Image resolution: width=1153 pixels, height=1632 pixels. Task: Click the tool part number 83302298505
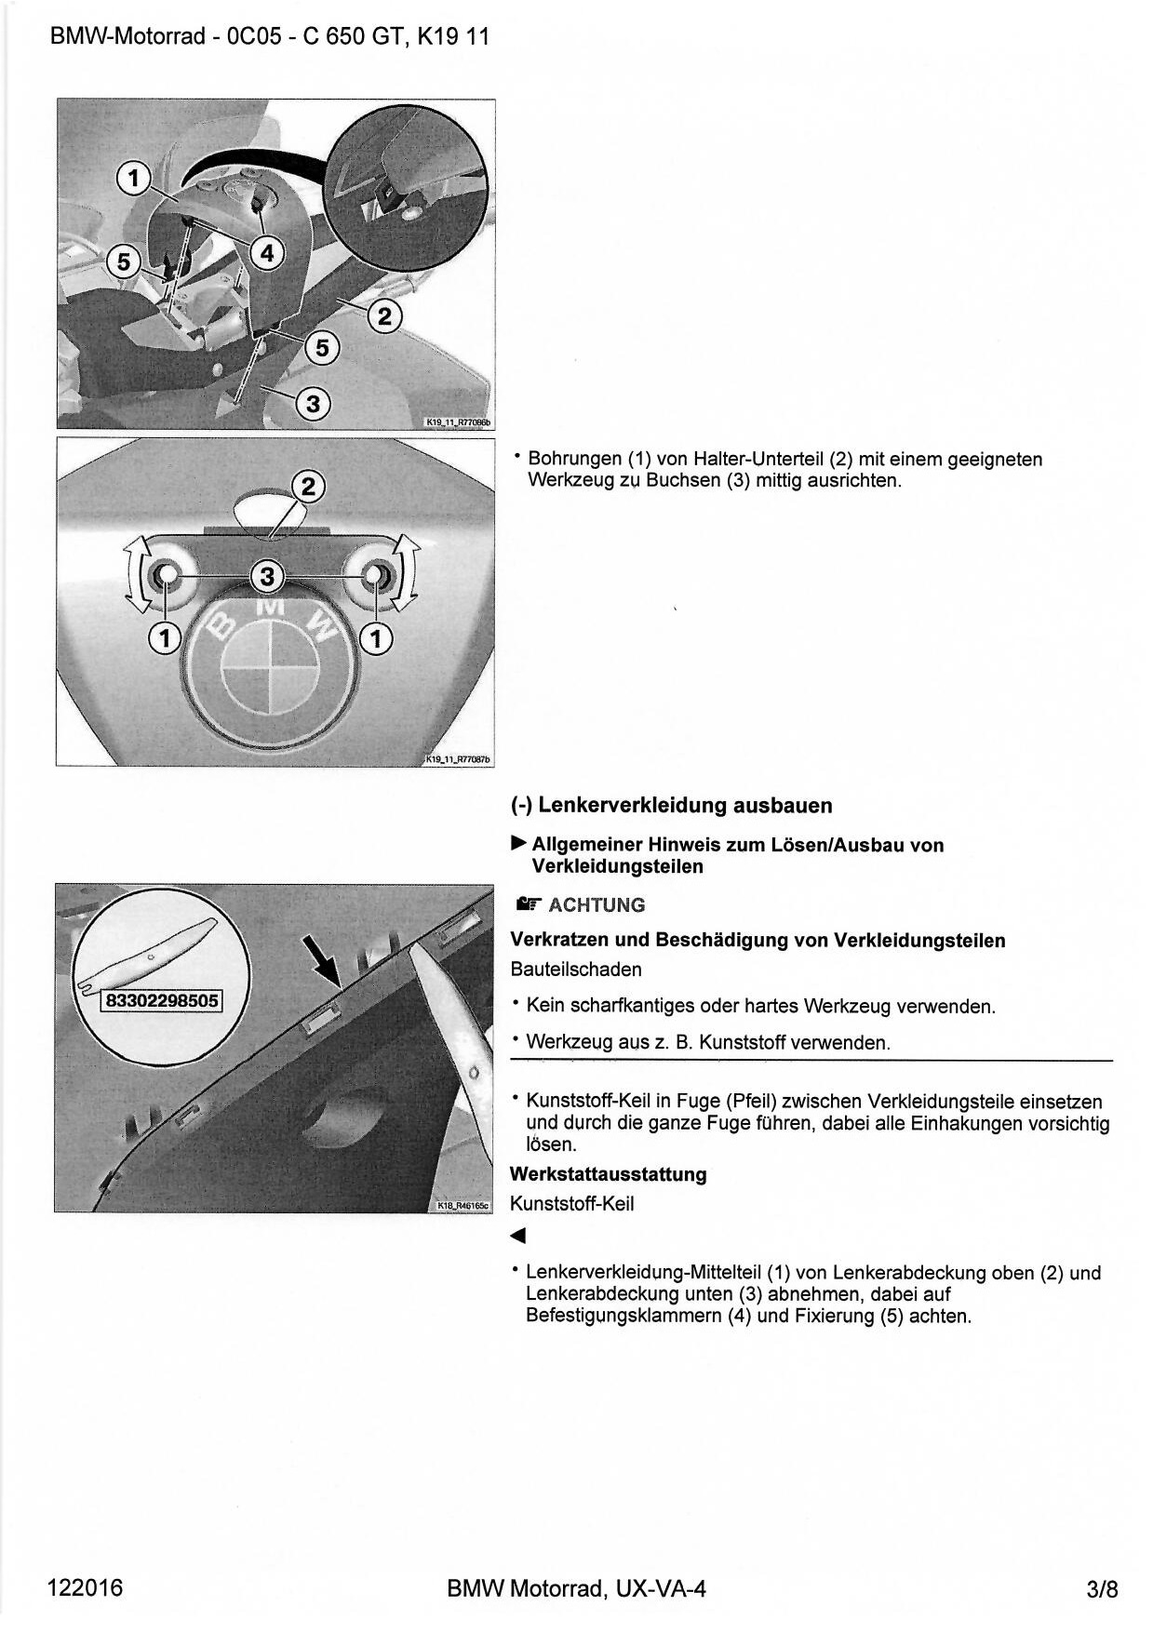pyautogui.click(x=163, y=1000)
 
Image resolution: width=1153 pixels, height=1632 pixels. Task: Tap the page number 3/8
pyautogui.click(x=1101, y=1588)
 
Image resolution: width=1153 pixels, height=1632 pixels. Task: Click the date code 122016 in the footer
pyautogui.click(x=85, y=1586)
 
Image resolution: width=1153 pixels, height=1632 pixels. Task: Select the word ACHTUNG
pyautogui.click(x=597, y=904)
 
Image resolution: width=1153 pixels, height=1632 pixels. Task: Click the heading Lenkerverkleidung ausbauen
pyautogui.click(x=672, y=805)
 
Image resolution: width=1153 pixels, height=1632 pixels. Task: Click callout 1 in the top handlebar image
pyautogui.click(x=134, y=178)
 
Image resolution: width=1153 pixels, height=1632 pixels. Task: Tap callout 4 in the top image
pyautogui.click(x=267, y=252)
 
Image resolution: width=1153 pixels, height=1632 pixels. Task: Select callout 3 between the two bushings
pyautogui.click(x=268, y=576)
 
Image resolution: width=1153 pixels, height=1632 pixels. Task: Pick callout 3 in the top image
pyautogui.click(x=314, y=404)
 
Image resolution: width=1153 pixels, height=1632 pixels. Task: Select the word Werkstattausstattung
pyautogui.click(x=608, y=1174)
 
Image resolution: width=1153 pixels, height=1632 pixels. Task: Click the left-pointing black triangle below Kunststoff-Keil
pyautogui.click(x=518, y=1236)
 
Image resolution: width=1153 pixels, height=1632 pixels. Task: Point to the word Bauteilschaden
pyautogui.click(x=575, y=969)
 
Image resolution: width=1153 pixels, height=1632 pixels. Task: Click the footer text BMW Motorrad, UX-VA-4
pyautogui.click(x=576, y=1588)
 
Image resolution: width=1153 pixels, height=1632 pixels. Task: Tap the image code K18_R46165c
pyautogui.click(x=462, y=1207)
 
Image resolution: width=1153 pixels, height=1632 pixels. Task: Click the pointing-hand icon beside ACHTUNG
pyautogui.click(x=528, y=903)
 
